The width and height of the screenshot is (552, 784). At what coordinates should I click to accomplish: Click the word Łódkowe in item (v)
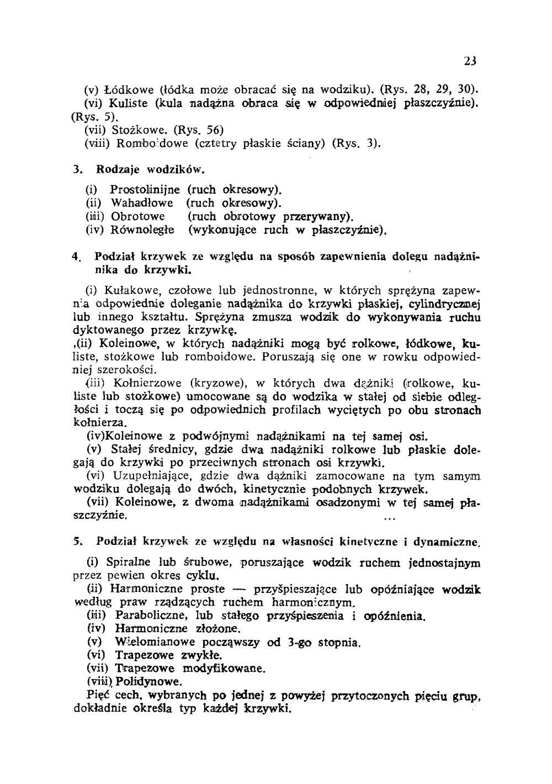pos(129,88)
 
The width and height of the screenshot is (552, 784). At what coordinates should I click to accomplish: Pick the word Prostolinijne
pos(145,190)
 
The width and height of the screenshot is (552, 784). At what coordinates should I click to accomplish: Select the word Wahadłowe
pos(142,203)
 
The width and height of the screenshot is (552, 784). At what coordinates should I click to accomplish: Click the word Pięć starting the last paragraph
pos(99,695)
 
